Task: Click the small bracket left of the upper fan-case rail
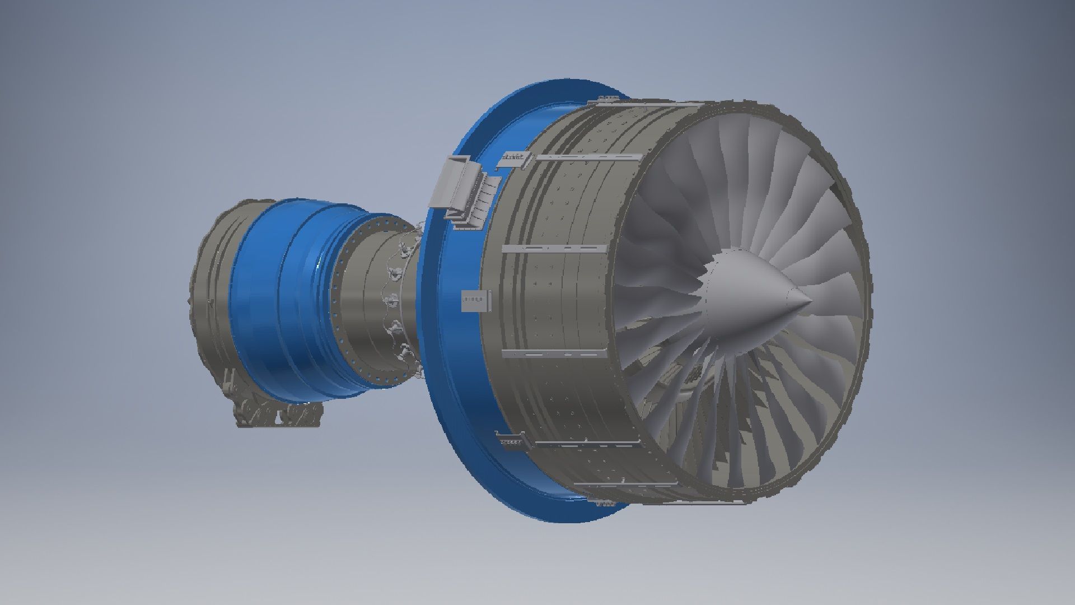513,159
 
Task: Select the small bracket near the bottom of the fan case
510,441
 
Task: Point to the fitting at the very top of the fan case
607,100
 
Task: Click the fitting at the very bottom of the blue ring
607,502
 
